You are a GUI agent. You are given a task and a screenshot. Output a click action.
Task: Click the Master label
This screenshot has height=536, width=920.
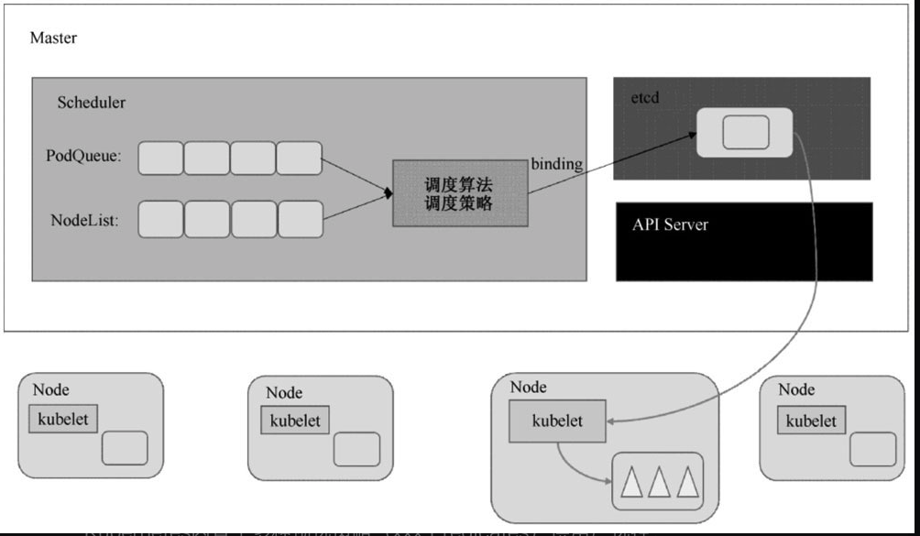point(53,38)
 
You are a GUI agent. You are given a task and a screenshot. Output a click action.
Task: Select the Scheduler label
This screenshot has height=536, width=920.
point(91,103)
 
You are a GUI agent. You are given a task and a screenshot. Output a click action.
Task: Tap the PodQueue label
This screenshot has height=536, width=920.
point(83,157)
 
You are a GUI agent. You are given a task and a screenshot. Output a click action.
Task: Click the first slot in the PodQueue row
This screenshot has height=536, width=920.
point(160,158)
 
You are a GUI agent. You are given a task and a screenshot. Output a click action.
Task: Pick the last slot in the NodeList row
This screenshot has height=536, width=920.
point(301,219)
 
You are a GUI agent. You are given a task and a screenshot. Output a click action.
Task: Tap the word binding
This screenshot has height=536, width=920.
point(556,165)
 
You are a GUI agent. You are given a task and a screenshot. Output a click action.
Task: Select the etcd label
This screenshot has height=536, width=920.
point(645,95)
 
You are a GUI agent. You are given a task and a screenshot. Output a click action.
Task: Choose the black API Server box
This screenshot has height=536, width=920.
point(743,241)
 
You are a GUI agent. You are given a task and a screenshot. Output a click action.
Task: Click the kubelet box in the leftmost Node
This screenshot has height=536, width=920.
point(63,420)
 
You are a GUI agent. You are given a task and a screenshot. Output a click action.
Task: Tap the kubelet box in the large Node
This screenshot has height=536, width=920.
point(556,421)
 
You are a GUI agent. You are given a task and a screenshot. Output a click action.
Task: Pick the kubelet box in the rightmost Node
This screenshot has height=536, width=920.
point(811,421)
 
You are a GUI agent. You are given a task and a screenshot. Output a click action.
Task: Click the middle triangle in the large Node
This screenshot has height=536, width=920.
point(657,481)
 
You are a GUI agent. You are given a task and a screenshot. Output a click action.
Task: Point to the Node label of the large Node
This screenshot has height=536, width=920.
point(528,387)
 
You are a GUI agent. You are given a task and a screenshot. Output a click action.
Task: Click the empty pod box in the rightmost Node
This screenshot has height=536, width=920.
point(871,450)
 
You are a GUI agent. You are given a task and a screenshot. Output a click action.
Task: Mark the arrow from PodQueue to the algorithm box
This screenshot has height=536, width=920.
point(357,175)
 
